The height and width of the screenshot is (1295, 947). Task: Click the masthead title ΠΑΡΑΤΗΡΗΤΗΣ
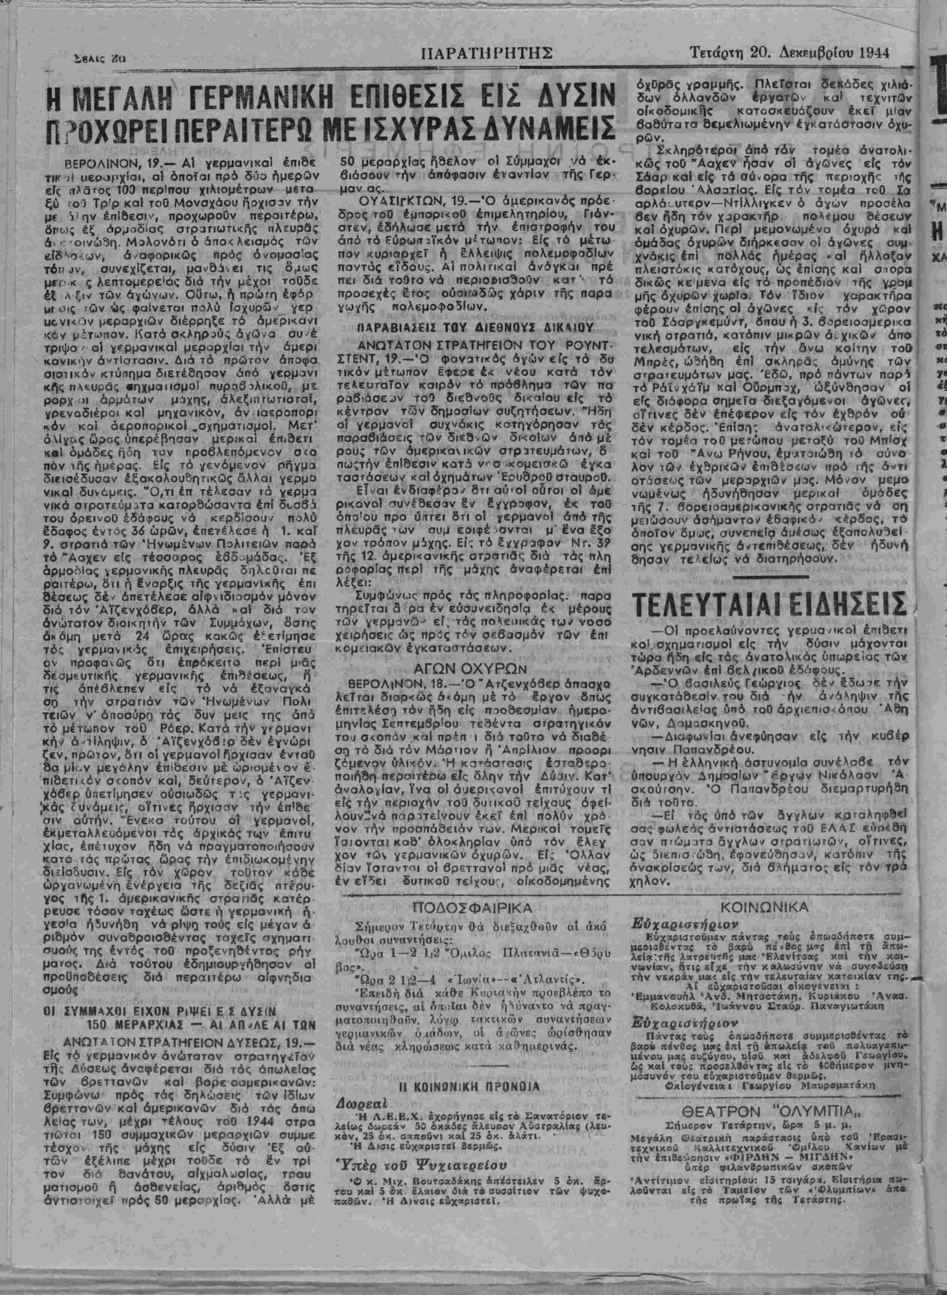pos(486,54)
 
